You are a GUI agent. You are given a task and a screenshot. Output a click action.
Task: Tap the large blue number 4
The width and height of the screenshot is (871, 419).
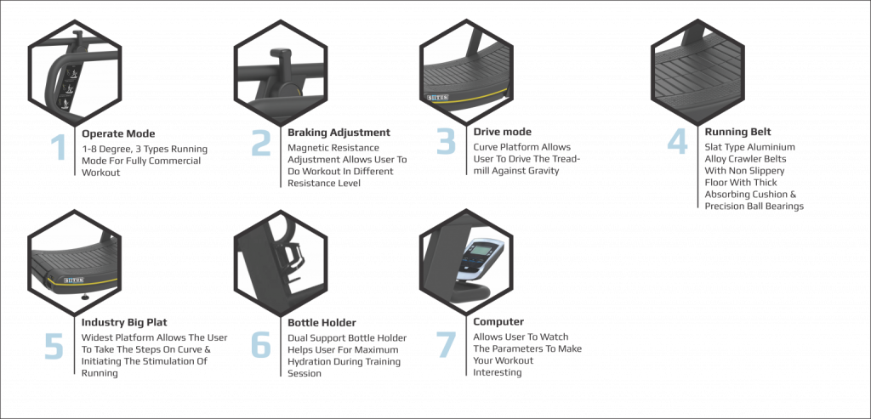pyautogui.click(x=677, y=142)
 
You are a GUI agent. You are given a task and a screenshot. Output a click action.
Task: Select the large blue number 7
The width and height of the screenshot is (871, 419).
pyautogui.click(x=446, y=345)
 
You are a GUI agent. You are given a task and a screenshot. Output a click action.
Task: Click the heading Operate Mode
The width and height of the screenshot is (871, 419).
pyautogui.click(x=118, y=133)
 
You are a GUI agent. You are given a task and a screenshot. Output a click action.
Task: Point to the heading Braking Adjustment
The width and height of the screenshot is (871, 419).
pyautogui.click(x=339, y=133)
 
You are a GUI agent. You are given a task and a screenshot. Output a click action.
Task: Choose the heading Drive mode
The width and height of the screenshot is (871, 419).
pyautogui.click(x=502, y=132)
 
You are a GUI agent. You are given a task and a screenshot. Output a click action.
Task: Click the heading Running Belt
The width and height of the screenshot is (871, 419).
pyautogui.click(x=737, y=132)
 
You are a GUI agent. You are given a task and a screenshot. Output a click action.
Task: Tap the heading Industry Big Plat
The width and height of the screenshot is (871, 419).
pyautogui.click(x=124, y=322)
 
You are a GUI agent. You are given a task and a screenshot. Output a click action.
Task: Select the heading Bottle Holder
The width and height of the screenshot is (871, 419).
pyautogui.click(x=322, y=323)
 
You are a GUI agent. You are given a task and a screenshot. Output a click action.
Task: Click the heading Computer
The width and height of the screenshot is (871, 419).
pyautogui.click(x=498, y=322)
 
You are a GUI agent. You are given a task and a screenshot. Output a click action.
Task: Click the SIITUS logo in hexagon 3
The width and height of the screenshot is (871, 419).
pyautogui.click(x=437, y=97)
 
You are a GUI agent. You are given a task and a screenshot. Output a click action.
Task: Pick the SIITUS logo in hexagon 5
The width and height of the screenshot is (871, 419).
pyautogui.click(x=73, y=280)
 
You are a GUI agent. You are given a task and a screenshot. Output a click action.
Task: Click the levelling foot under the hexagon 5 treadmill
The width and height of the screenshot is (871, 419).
pyautogui.click(x=84, y=297)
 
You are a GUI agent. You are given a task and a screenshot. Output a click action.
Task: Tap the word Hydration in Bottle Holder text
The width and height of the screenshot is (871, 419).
pyautogui.click(x=309, y=362)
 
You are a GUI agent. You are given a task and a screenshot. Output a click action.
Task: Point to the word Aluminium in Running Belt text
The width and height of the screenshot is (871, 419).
pyautogui.click(x=772, y=147)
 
